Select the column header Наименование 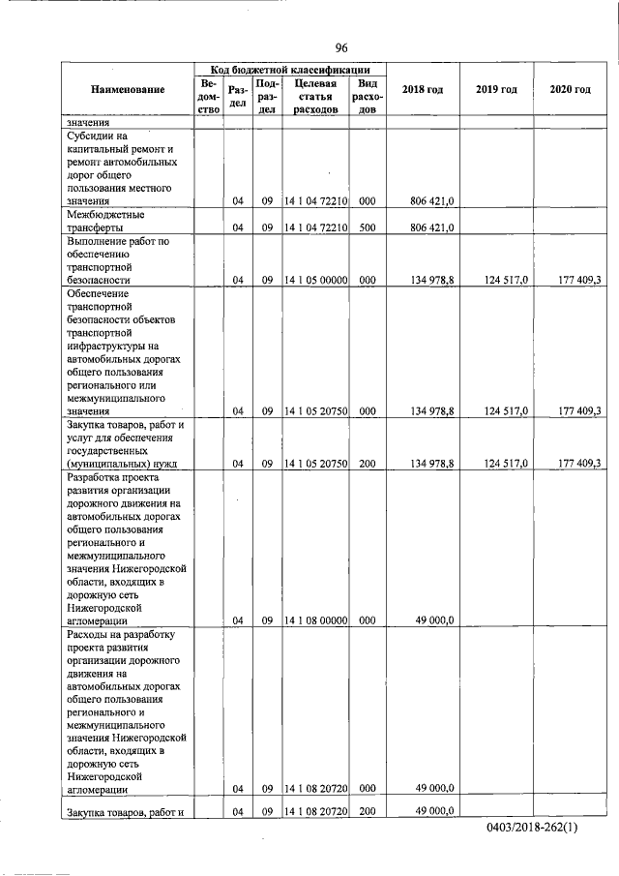coord(128,90)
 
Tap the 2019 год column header coord(496,90)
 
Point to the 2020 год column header coord(570,90)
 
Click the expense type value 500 coord(367,227)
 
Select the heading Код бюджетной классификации coord(289,70)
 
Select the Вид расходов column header coord(367,97)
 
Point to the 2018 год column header coord(423,90)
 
